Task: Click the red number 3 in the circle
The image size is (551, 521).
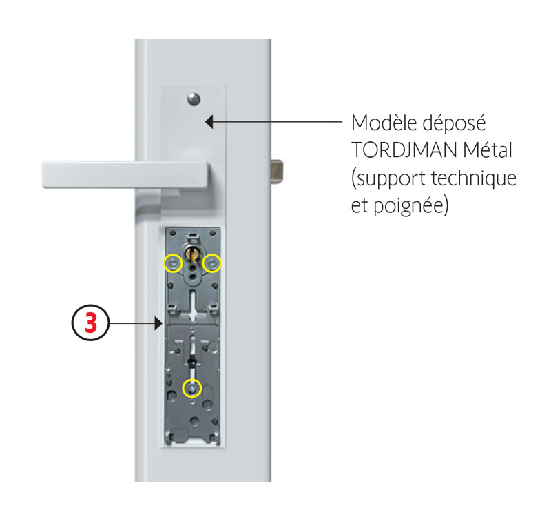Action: [x=91, y=323]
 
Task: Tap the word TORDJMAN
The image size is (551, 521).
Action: [x=404, y=150]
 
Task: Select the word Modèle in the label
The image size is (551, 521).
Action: [x=384, y=123]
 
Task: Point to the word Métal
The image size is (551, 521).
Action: [x=488, y=150]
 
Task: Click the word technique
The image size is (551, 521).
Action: [x=474, y=178]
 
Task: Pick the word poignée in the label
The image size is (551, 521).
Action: [x=411, y=206]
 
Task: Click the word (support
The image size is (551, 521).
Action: [x=388, y=179]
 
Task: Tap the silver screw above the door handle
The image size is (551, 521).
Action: [x=194, y=99]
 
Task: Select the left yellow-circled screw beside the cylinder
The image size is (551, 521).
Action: [x=174, y=263]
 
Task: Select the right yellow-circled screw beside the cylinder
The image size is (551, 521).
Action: [x=212, y=263]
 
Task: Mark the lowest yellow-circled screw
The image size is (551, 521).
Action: [x=192, y=389]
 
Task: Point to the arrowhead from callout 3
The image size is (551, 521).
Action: [x=158, y=323]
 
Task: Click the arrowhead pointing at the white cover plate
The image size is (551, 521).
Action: [x=209, y=122]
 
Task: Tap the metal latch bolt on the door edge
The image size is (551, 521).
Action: [x=276, y=172]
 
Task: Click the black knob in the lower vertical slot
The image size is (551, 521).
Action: [x=192, y=361]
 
